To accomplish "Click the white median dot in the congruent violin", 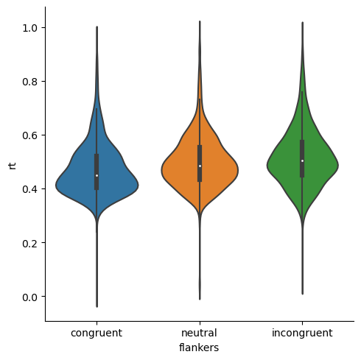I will click(97, 175).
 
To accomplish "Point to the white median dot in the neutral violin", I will click(200, 166).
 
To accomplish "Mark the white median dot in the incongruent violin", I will click(302, 160).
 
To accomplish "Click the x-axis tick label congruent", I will click(97, 333).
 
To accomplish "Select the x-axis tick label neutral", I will click(200, 333).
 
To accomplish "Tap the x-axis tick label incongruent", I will click(302, 333).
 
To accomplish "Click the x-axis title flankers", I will click(200, 347).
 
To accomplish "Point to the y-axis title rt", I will click(11, 163).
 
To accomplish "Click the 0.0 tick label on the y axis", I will click(29, 297).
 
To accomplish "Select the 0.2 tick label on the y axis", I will click(29, 243).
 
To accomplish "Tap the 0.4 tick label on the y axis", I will click(29, 189).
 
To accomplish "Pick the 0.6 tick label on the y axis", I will click(29, 135).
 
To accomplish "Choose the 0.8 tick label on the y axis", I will click(29, 82).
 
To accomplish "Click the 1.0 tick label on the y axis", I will click(29, 28).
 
